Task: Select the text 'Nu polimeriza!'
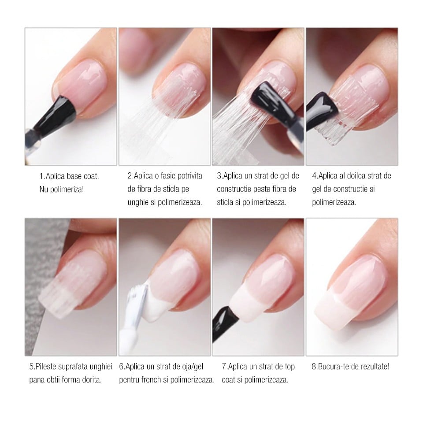point(62,189)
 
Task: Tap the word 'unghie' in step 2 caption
point(138,202)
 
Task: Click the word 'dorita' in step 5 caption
point(92,380)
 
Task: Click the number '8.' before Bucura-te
point(315,367)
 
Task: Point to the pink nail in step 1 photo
point(83,84)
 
